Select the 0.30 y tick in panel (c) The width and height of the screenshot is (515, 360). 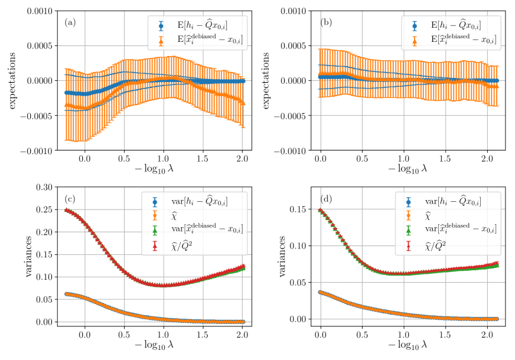pos(43,186)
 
